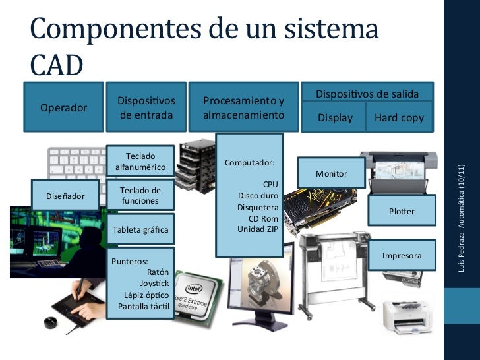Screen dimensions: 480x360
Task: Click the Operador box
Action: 64,107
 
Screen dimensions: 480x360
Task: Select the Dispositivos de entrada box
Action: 146,108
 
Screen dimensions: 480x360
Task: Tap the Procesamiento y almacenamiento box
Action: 243,108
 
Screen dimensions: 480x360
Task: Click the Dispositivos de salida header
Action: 367,94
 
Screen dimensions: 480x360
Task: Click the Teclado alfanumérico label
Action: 140,161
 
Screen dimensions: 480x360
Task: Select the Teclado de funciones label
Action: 140,195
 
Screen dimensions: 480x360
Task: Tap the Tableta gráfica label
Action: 140,229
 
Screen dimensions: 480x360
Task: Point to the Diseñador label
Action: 65,196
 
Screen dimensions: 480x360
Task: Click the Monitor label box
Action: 331,173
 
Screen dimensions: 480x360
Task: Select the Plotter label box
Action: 402,212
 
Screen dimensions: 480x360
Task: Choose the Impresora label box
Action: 402,255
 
